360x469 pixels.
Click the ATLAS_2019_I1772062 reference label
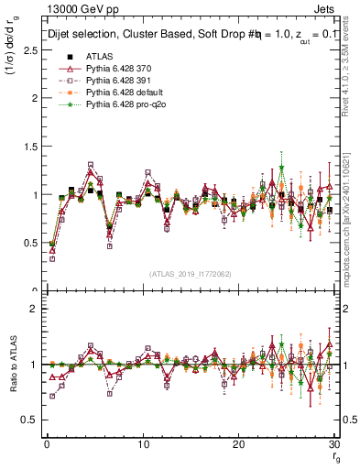coord(190,274)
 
